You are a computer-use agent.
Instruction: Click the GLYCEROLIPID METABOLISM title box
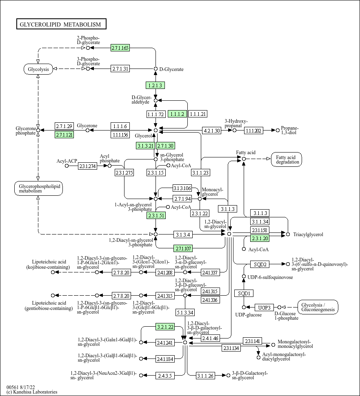[61, 24]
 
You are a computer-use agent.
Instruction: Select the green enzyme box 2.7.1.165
[120, 48]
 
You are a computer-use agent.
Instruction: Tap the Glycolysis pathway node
[38, 69]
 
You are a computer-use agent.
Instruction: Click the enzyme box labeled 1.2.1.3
[155, 85]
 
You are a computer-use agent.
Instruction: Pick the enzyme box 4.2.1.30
[211, 131]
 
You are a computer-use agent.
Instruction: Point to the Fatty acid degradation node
[287, 159]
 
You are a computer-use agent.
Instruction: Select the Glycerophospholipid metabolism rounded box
[38, 188]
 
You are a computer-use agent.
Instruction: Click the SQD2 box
[260, 264]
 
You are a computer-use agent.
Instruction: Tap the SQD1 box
[244, 293]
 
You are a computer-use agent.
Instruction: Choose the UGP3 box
[264, 308]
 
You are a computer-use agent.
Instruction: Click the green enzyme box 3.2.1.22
[165, 327]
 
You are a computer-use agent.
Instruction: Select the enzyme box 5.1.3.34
[185, 312]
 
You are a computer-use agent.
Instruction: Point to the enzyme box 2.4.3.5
[165, 376]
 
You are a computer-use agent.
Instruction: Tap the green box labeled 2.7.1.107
[183, 248]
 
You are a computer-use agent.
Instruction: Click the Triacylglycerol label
[308, 235]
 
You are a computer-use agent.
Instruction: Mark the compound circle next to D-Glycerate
[156, 69]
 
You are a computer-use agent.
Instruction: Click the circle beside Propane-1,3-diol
[278, 131]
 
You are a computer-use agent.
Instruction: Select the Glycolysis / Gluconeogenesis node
[318, 307]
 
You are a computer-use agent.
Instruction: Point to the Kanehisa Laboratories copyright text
[32, 392]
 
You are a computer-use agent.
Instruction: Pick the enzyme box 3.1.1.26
[205, 376]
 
